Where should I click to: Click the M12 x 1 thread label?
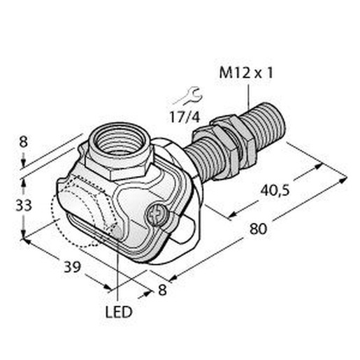(246, 73)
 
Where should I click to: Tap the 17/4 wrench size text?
(185, 117)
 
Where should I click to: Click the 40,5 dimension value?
(275, 190)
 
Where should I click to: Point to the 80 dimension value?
(258, 229)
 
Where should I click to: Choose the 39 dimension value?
(72, 267)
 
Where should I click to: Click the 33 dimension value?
(24, 206)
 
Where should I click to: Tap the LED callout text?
(119, 312)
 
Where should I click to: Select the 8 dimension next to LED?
(162, 290)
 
